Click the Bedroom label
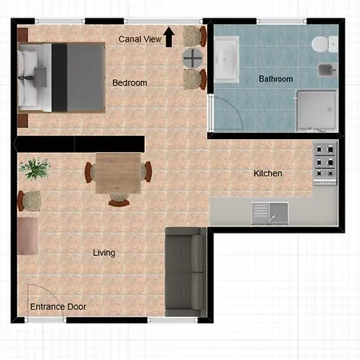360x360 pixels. [130, 82]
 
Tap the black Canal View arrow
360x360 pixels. [169, 37]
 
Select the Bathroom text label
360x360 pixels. [276, 78]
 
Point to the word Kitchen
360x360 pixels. [268, 174]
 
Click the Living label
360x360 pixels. [104, 253]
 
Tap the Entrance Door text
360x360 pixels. [58, 306]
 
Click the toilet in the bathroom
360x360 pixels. [325, 44]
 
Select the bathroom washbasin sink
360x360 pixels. [226, 59]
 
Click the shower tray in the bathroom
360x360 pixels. [317, 111]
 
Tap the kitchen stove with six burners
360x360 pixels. [325, 163]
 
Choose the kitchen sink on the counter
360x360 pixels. [270, 214]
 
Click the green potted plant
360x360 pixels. [34, 169]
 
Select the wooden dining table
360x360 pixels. [118, 173]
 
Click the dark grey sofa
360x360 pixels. [185, 272]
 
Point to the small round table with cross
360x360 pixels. [193, 58]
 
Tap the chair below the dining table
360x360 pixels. [119, 200]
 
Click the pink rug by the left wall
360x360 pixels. [28, 236]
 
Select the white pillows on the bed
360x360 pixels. [26, 78]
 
